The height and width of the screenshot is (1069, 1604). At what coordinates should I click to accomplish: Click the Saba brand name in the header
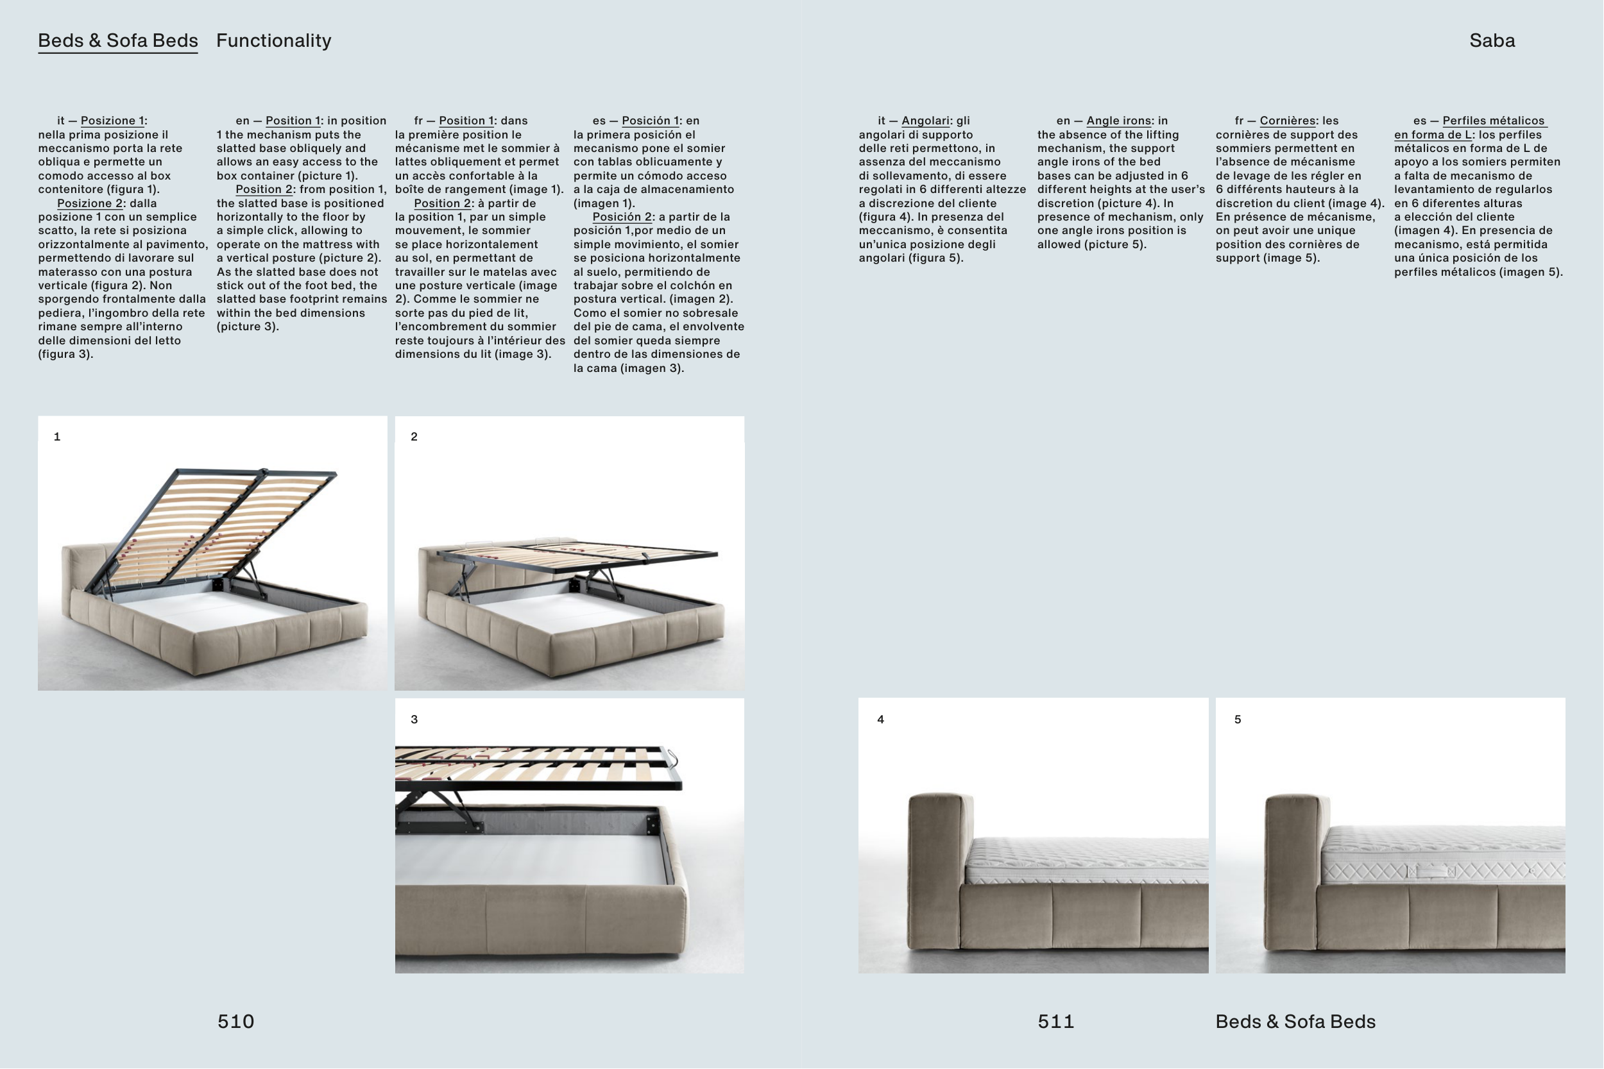coord(1492,41)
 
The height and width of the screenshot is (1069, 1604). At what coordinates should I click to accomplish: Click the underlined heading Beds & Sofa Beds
coord(118,41)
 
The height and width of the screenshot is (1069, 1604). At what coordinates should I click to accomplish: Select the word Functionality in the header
coord(273,41)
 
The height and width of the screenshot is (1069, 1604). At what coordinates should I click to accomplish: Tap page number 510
coord(236,1022)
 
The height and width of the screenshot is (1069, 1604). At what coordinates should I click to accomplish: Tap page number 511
coord(1055,1022)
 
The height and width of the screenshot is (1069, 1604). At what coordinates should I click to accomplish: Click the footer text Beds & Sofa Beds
coord(1295,1022)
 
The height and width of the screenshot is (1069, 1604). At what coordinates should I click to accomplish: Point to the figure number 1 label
coord(57,437)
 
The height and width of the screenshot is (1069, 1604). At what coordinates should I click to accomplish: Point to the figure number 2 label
coord(414,437)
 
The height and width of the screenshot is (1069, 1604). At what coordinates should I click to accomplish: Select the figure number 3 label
coord(414,720)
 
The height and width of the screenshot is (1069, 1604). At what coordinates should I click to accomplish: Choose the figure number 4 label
coord(880,720)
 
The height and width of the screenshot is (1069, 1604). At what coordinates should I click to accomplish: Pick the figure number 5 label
coord(1238,720)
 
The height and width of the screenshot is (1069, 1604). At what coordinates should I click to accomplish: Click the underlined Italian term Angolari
coord(925,121)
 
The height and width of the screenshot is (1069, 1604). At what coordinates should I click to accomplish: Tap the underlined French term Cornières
coord(1288,121)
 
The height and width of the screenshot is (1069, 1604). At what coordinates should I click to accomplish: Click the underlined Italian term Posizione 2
coord(89,203)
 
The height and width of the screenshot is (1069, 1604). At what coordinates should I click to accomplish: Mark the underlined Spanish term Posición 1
coord(650,121)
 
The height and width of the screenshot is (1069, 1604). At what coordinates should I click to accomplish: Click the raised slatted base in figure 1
coord(218,525)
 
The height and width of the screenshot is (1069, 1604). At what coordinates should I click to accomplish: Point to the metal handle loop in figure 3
coord(672,758)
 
